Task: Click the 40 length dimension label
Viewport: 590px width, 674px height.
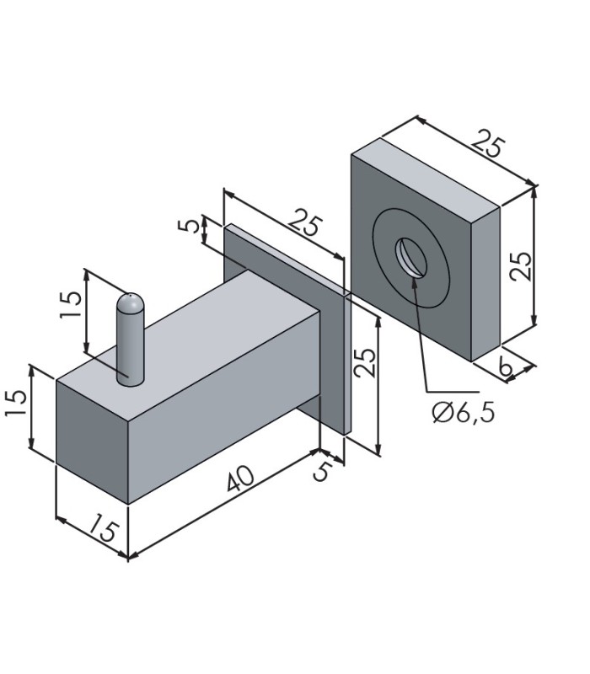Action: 241,478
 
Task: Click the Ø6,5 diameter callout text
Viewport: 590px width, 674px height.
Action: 463,413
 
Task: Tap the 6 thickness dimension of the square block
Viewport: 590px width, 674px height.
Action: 507,367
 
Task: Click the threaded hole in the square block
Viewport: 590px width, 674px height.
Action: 411,258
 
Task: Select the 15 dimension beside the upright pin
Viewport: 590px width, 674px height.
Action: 71,304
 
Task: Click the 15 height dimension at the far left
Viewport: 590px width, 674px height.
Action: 17,402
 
